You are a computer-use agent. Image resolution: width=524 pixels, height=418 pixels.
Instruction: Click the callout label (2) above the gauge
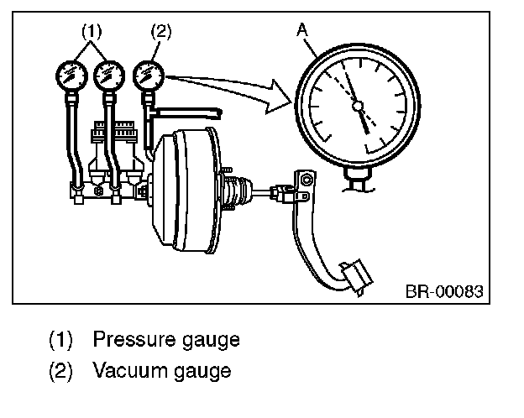tap(160, 33)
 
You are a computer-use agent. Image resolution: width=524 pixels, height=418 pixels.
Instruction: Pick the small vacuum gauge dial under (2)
tap(149, 75)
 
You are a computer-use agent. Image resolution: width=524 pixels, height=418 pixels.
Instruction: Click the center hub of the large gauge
tap(358, 107)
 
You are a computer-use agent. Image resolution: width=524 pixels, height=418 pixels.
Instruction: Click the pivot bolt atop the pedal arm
tap(307, 180)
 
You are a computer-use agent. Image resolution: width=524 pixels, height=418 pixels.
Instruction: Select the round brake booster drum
tap(186, 192)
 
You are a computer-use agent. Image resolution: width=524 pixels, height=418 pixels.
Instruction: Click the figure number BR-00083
tap(445, 292)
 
